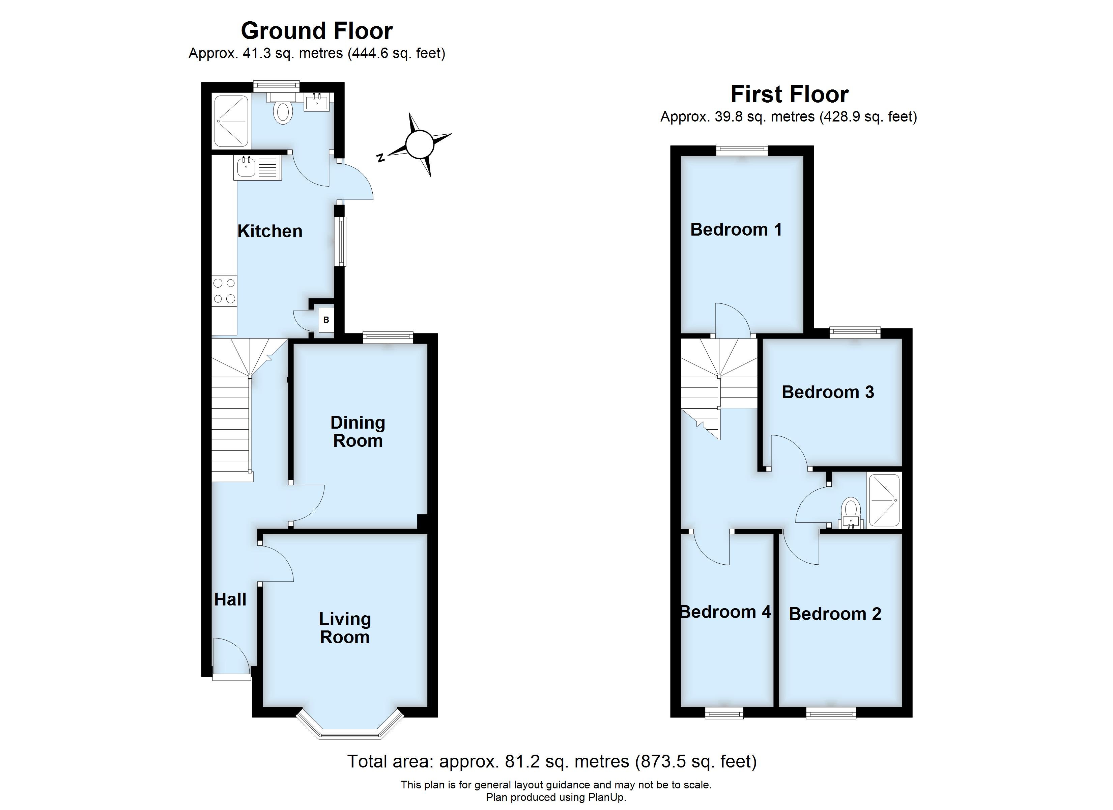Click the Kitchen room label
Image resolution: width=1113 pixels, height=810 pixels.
tap(269, 232)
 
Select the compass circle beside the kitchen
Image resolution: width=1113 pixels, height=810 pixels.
tap(420, 145)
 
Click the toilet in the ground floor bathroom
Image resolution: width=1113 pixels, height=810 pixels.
tap(283, 111)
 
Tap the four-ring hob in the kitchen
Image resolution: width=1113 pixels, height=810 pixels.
tap(224, 291)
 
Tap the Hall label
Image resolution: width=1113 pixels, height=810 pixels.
tap(230, 599)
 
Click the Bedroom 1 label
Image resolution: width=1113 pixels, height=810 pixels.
tap(736, 230)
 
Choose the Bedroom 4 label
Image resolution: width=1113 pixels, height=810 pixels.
tap(725, 612)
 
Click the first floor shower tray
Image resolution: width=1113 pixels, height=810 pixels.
tap(884, 501)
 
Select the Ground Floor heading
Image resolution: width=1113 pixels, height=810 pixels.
tap(316, 31)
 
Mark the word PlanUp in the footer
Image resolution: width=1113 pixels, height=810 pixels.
tap(608, 797)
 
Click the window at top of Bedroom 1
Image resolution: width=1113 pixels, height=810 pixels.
tap(742, 149)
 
